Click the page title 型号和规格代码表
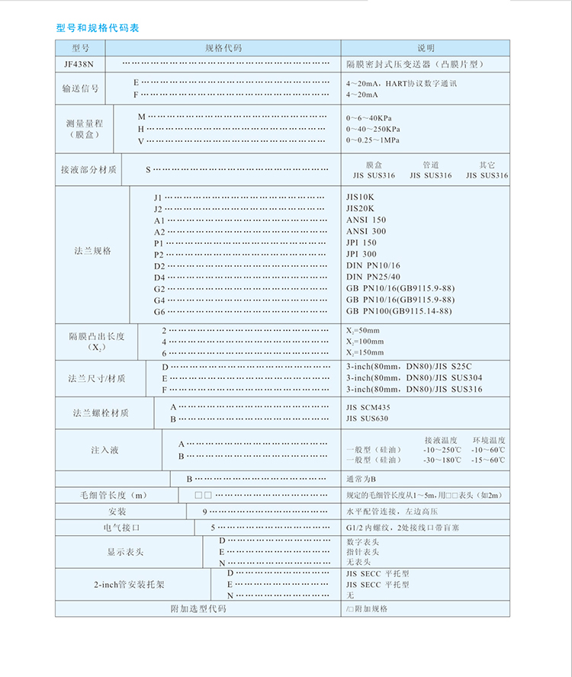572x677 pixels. click(x=98, y=28)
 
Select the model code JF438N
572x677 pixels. click(x=80, y=65)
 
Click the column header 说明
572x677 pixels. click(x=425, y=47)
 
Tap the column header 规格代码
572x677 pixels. click(x=223, y=47)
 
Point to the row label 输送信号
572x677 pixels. click(x=80, y=88)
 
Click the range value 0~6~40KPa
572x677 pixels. click(x=373, y=118)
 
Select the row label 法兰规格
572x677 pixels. click(x=92, y=250)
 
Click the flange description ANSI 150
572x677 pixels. click(x=366, y=220)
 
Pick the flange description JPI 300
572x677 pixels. click(x=362, y=254)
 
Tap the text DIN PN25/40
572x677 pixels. click(x=373, y=277)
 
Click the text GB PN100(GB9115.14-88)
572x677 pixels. click(x=399, y=311)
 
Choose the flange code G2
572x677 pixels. click(x=159, y=289)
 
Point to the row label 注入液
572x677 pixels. click(x=104, y=450)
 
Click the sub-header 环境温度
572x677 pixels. click(x=489, y=440)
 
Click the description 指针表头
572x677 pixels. click(x=362, y=551)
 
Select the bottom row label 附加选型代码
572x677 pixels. click(x=198, y=608)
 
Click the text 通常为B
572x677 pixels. click(x=361, y=479)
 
